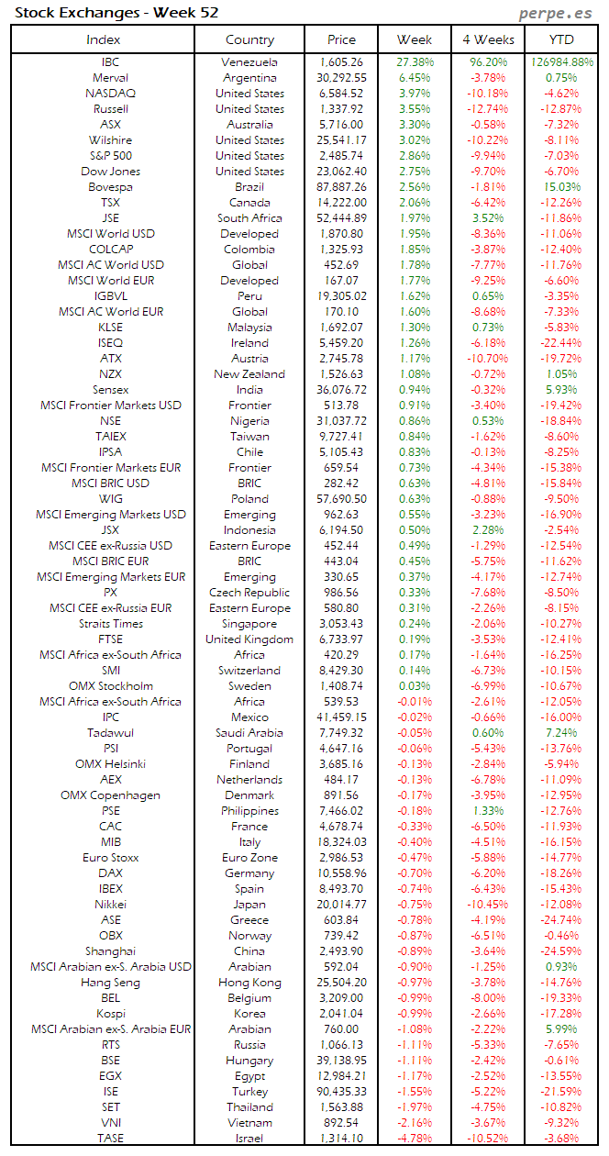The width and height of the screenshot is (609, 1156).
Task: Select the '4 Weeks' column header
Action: (x=488, y=39)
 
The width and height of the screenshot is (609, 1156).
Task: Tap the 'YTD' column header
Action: (x=560, y=39)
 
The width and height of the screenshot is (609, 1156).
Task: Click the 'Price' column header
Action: (x=341, y=39)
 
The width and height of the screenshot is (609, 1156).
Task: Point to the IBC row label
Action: (x=110, y=62)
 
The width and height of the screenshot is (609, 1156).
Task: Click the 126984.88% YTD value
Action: (x=560, y=62)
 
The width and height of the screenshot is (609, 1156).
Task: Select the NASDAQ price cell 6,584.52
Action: (x=341, y=94)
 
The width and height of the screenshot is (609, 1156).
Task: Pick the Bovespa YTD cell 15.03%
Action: (x=560, y=187)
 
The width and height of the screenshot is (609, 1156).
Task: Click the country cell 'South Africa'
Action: (x=249, y=218)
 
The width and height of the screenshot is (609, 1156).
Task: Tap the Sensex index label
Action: (x=110, y=390)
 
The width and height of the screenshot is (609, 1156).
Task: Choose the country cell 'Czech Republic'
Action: (x=249, y=593)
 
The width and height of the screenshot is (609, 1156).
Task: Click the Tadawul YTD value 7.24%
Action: (x=560, y=733)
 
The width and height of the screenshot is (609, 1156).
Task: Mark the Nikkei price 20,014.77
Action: (x=341, y=904)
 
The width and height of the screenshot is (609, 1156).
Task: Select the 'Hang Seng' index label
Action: (x=110, y=983)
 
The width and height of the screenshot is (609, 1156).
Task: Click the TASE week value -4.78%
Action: (x=415, y=1139)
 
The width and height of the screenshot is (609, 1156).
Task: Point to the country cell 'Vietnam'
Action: (x=249, y=1123)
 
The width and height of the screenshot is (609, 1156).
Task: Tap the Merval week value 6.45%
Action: (x=415, y=78)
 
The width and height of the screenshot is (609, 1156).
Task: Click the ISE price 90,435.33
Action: (x=341, y=1092)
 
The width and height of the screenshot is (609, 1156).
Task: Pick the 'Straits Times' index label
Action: (x=110, y=624)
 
